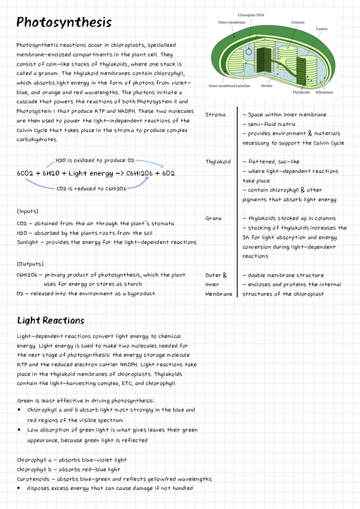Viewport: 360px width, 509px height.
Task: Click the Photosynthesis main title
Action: pos(64,23)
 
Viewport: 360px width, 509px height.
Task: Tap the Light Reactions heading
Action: pos(51,321)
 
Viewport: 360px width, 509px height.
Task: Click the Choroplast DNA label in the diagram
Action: pos(251,15)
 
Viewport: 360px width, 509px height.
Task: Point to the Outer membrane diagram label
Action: pos(232,22)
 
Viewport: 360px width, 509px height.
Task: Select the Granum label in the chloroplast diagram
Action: pos(298,22)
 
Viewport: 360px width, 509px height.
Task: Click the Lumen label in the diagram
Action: pos(322,29)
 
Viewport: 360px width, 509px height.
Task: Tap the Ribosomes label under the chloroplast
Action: pos(324,92)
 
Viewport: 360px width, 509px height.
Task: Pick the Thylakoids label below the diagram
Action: pos(301,92)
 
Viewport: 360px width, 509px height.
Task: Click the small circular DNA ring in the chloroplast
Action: pos(249,52)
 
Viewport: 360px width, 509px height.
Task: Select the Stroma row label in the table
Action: pos(215,115)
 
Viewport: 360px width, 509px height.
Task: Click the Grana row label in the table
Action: pos(214,218)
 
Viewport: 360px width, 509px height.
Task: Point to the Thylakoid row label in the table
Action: pos(218,162)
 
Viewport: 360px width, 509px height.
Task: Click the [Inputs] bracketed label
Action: pos(28,211)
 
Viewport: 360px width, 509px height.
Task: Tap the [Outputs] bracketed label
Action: pos(30,264)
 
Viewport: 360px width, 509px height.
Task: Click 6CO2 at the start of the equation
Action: pos(25,173)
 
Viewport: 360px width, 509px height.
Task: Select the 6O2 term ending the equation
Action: pos(168,173)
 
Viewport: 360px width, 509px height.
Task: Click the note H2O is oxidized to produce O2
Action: pos(95,161)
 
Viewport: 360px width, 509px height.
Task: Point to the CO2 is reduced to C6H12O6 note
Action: pos(91,189)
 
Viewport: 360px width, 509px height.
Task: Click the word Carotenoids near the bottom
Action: pos(33,479)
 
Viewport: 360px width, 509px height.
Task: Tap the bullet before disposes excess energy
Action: pos(19,488)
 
